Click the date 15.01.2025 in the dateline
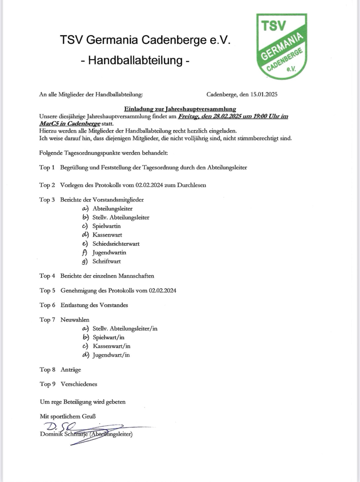click(x=264, y=94)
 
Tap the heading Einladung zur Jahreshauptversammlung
click(x=180, y=109)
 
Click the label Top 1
click(x=47, y=168)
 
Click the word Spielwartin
click(x=106, y=226)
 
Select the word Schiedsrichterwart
click(x=116, y=244)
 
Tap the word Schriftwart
click(x=106, y=261)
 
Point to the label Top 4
click(x=47, y=276)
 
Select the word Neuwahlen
click(x=75, y=320)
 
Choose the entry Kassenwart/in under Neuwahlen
click(x=111, y=346)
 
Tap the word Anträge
click(x=71, y=369)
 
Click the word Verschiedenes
click(x=79, y=384)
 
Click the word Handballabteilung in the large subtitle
click(x=135, y=60)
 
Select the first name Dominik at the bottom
click(x=51, y=434)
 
